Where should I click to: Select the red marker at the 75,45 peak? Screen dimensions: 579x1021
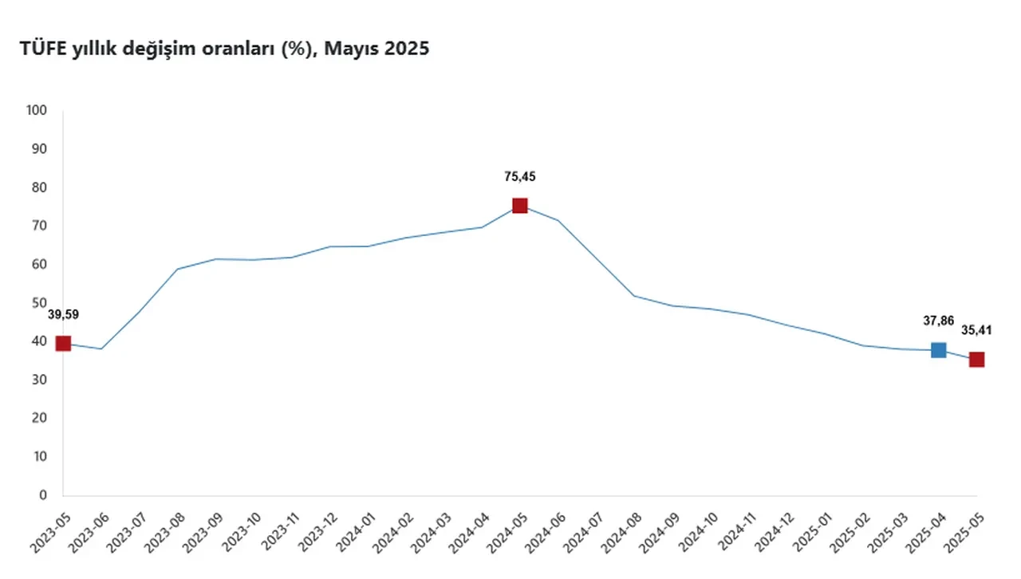(519, 206)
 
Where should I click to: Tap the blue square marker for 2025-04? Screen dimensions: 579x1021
(938, 350)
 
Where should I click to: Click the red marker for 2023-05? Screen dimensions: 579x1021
(63, 344)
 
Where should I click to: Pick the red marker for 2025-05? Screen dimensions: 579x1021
(976, 360)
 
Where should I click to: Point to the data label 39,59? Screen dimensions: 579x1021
(63, 314)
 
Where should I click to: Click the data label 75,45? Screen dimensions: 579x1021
(520, 176)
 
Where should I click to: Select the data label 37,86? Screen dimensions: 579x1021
(938, 321)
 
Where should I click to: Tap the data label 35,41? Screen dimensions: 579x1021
(976, 330)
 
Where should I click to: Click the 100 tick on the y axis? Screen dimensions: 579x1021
(37, 111)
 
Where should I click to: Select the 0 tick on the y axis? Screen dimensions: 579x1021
(44, 495)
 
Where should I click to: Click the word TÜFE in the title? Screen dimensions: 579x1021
(44, 49)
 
